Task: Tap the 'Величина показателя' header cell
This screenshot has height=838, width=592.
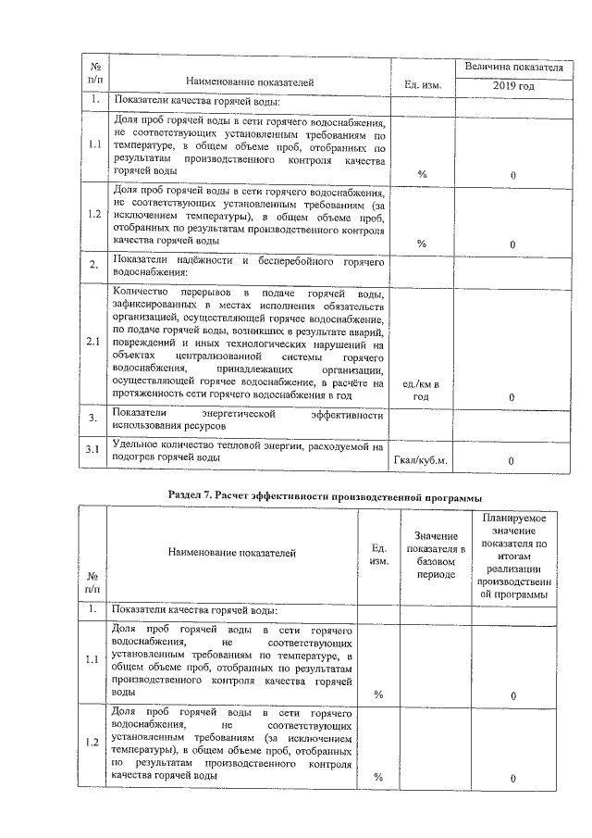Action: [512, 68]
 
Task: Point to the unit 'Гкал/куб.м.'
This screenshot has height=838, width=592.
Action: [421, 459]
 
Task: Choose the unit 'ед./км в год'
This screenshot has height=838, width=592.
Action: [422, 390]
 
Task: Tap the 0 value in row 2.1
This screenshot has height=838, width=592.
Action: [512, 396]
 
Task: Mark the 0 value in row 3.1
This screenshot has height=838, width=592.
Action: [512, 459]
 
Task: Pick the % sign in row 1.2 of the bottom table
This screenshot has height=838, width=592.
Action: [377, 778]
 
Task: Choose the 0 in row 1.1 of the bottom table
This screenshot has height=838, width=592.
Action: [512, 695]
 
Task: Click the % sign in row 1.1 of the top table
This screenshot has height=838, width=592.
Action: [422, 174]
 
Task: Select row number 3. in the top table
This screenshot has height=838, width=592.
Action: [93, 419]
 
